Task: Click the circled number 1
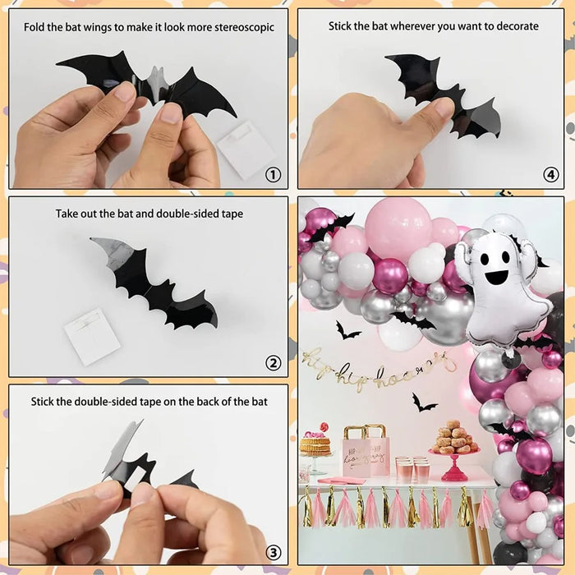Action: click(273, 174)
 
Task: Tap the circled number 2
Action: click(273, 363)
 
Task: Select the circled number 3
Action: click(273, 551)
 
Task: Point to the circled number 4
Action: click(550, 174)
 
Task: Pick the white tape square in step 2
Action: click(93, 335)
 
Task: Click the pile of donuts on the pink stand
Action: click(454, 439)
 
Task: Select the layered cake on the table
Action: click(315, 444)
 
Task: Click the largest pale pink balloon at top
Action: click(398, 229)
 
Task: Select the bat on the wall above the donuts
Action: click(424, 402)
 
